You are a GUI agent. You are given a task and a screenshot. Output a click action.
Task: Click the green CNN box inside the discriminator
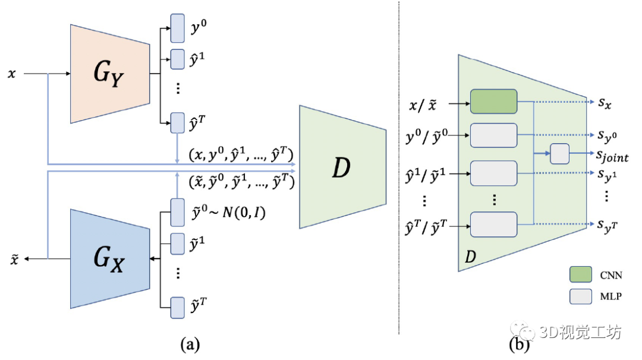coord(493,102)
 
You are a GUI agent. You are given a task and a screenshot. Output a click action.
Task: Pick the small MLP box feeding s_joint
coord(559,154)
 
